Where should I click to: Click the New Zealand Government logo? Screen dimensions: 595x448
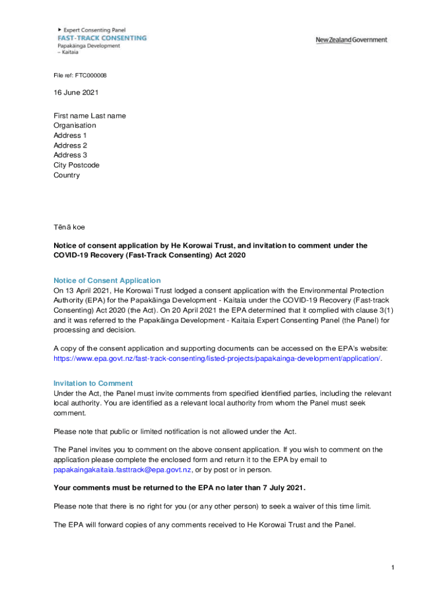point(351,40)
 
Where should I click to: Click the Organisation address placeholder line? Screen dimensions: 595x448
point(75,126)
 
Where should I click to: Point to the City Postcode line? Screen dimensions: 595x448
point(76,165)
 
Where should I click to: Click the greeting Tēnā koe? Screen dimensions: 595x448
point(69,227)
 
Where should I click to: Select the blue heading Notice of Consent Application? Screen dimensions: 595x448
point(107,281)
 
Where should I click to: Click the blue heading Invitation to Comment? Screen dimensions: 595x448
point(93,383)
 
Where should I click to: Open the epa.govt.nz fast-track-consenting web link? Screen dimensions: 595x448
point(218,358)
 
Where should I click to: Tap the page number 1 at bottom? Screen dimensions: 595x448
point(393,567)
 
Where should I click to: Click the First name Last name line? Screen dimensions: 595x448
point(90,116)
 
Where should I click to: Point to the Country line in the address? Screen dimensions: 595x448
point(67,175)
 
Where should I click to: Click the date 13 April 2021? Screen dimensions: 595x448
point(88,291)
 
